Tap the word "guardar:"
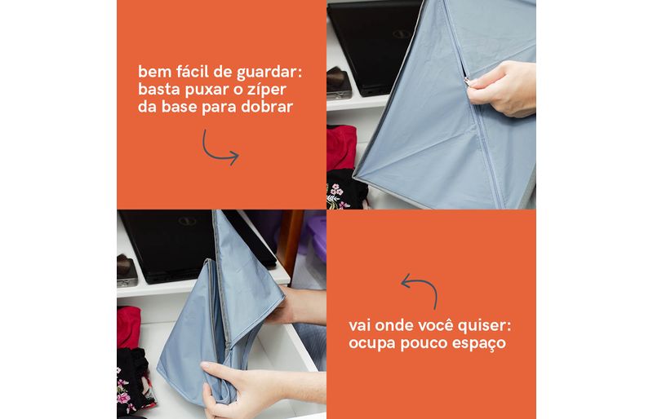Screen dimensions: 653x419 tap(269, 73)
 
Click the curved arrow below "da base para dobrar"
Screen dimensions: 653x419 tap(218, 150)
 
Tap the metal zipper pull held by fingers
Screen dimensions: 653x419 tap(467, 82)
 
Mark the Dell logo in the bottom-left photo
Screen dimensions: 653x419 tap(188, 221)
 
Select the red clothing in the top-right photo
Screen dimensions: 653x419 tap(341, 148)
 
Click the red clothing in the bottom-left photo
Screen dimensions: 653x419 tap(128, 328)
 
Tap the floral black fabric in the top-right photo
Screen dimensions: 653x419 tap(346, 190)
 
